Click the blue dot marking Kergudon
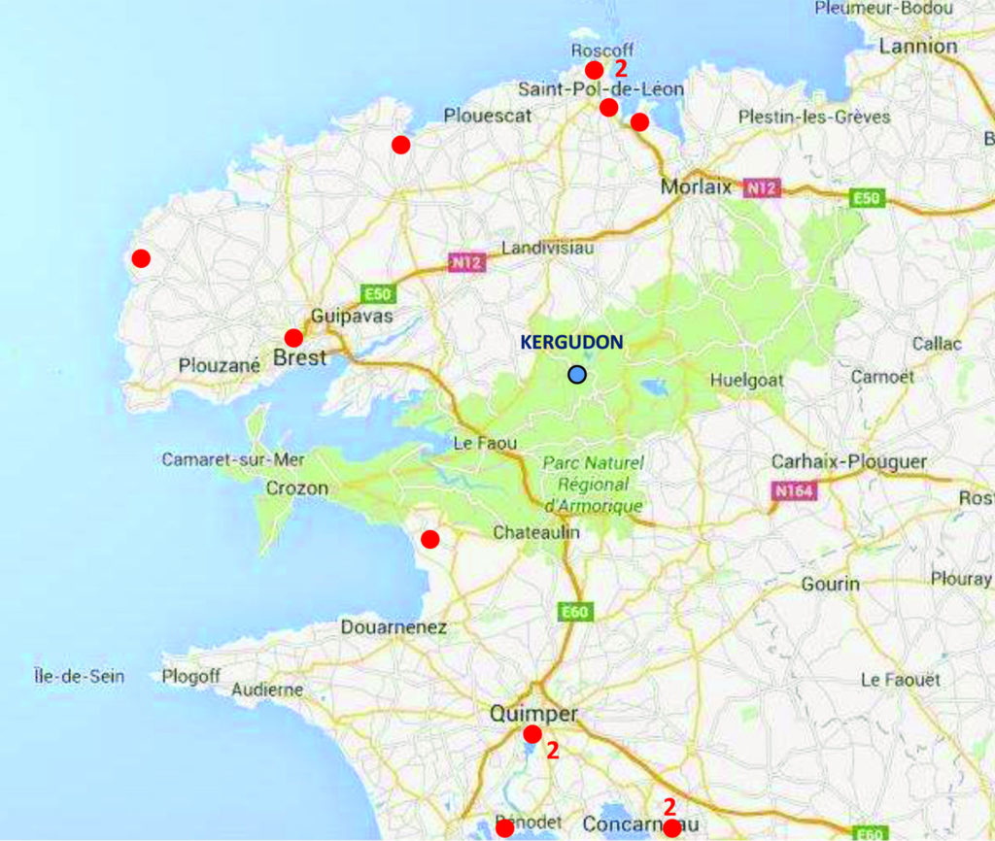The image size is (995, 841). [578, 374]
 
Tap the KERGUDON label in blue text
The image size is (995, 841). [571, 342]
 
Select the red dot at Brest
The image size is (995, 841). [293, 338]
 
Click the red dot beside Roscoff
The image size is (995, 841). [594, 70]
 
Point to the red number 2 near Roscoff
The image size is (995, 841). [621, 68]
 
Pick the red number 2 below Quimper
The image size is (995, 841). [552, 749]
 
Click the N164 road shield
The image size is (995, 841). [793, 490]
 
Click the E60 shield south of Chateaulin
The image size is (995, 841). [575, 612]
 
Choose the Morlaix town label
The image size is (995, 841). [696, 186]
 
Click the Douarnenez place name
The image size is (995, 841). [394, 627]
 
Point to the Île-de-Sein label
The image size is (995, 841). [79, 676]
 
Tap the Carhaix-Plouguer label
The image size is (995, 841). [848, 461]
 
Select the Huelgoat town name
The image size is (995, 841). [747, 381]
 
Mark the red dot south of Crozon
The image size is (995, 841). [429, 539]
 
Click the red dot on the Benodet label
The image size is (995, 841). [504, 828]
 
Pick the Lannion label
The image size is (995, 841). [918, 46]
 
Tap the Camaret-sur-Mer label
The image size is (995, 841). [233, 459]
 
